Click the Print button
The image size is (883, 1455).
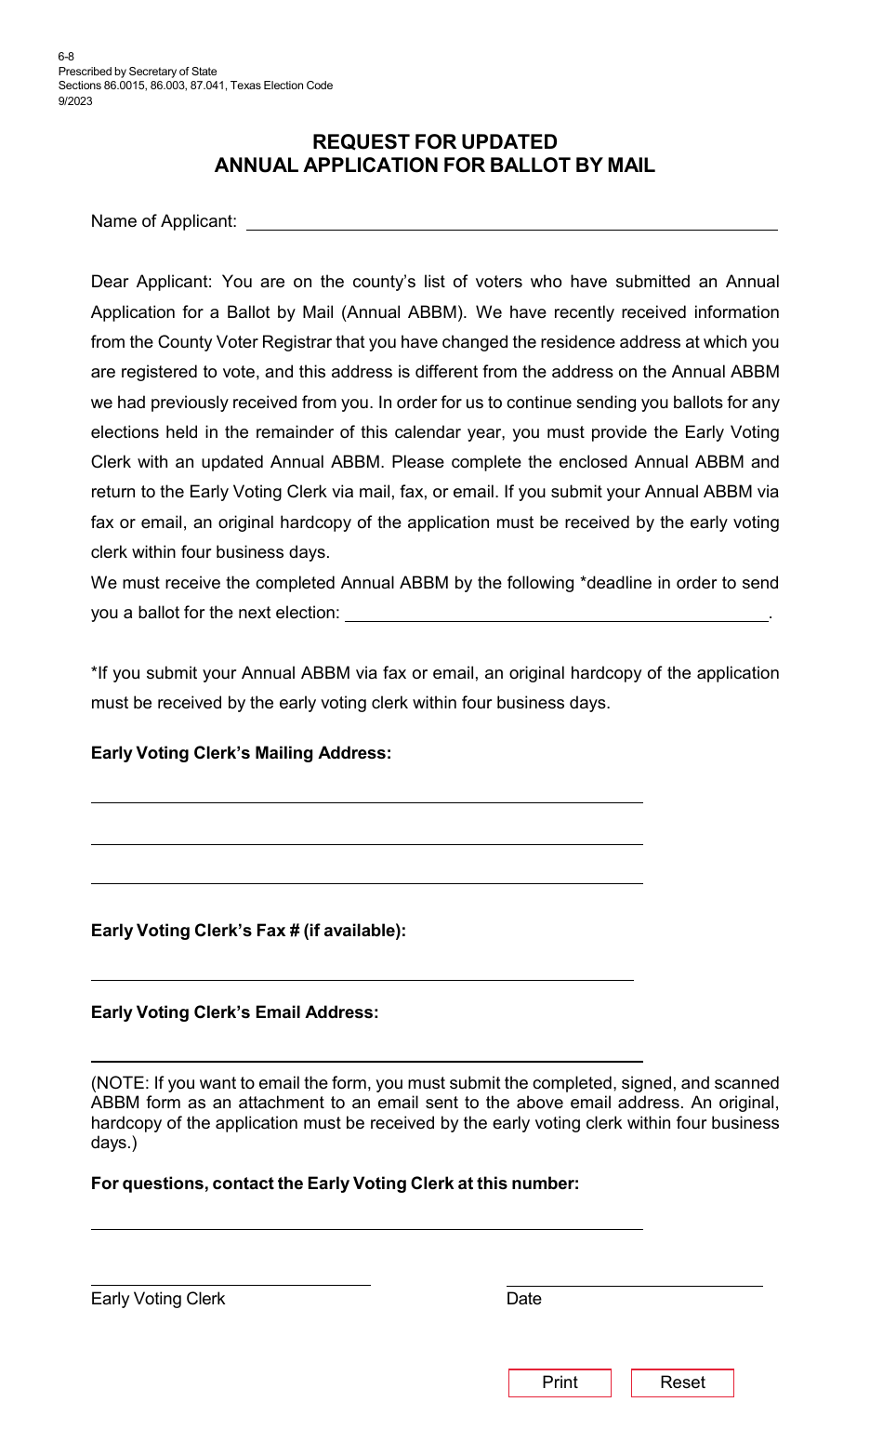click(x=560, y=1382)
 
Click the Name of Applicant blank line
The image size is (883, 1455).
click(x=511, y=223)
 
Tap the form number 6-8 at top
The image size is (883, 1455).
click(x=65, y=57)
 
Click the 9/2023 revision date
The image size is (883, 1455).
click(x=75, y=101)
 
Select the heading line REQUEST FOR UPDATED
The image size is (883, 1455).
click(x=434, y=141)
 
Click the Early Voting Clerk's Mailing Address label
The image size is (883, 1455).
click(x=241, y=753)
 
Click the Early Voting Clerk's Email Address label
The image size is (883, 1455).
click(x=234, y=1012)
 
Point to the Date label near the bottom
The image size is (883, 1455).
click(x=523, y=1299)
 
